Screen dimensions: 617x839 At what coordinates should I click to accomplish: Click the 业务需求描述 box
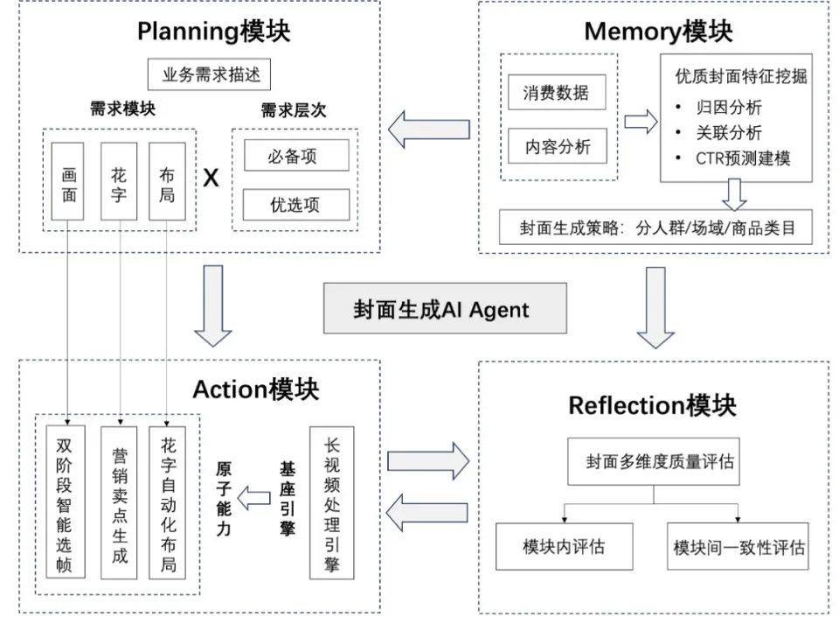tap(211, 74)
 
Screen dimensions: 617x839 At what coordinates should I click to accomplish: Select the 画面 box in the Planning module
tap(68, 184)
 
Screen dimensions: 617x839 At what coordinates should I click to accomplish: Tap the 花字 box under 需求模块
tap(119, 184)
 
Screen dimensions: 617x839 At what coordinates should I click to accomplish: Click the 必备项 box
tap(295, 156)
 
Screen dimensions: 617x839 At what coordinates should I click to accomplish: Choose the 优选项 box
tap(295, 205)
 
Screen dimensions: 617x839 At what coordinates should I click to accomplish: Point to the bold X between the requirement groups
tap(211, 179)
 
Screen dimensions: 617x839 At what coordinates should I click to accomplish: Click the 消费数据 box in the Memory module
tap(557, 93)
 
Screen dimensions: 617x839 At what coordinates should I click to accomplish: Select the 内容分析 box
tap(557, 146)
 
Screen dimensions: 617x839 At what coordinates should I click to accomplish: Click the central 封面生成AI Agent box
tap(440, 309)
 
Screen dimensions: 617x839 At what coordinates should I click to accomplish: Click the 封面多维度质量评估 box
tap(654, 461)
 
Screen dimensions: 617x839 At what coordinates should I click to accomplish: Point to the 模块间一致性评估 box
tap(738, 547)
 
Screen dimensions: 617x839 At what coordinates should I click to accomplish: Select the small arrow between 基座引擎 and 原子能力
tap(254, 500)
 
